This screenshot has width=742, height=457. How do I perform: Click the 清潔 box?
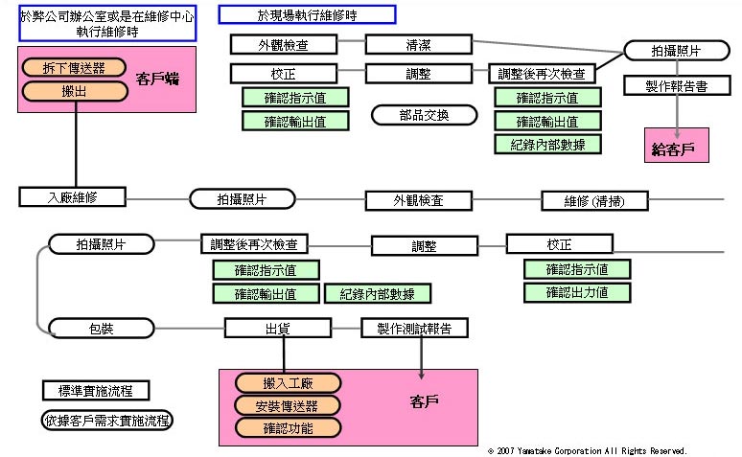418,44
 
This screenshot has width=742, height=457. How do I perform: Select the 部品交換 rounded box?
424,115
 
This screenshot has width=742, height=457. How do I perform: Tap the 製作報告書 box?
678,86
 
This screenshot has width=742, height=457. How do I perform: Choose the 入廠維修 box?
73,196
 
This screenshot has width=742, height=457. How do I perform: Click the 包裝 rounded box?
101,329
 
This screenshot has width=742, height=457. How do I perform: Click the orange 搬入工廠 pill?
287,383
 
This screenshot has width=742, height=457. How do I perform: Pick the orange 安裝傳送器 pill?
287,404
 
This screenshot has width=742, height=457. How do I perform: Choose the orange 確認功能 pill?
287,426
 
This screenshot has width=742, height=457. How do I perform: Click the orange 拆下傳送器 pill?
74,67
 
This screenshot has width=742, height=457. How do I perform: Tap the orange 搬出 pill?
74,90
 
